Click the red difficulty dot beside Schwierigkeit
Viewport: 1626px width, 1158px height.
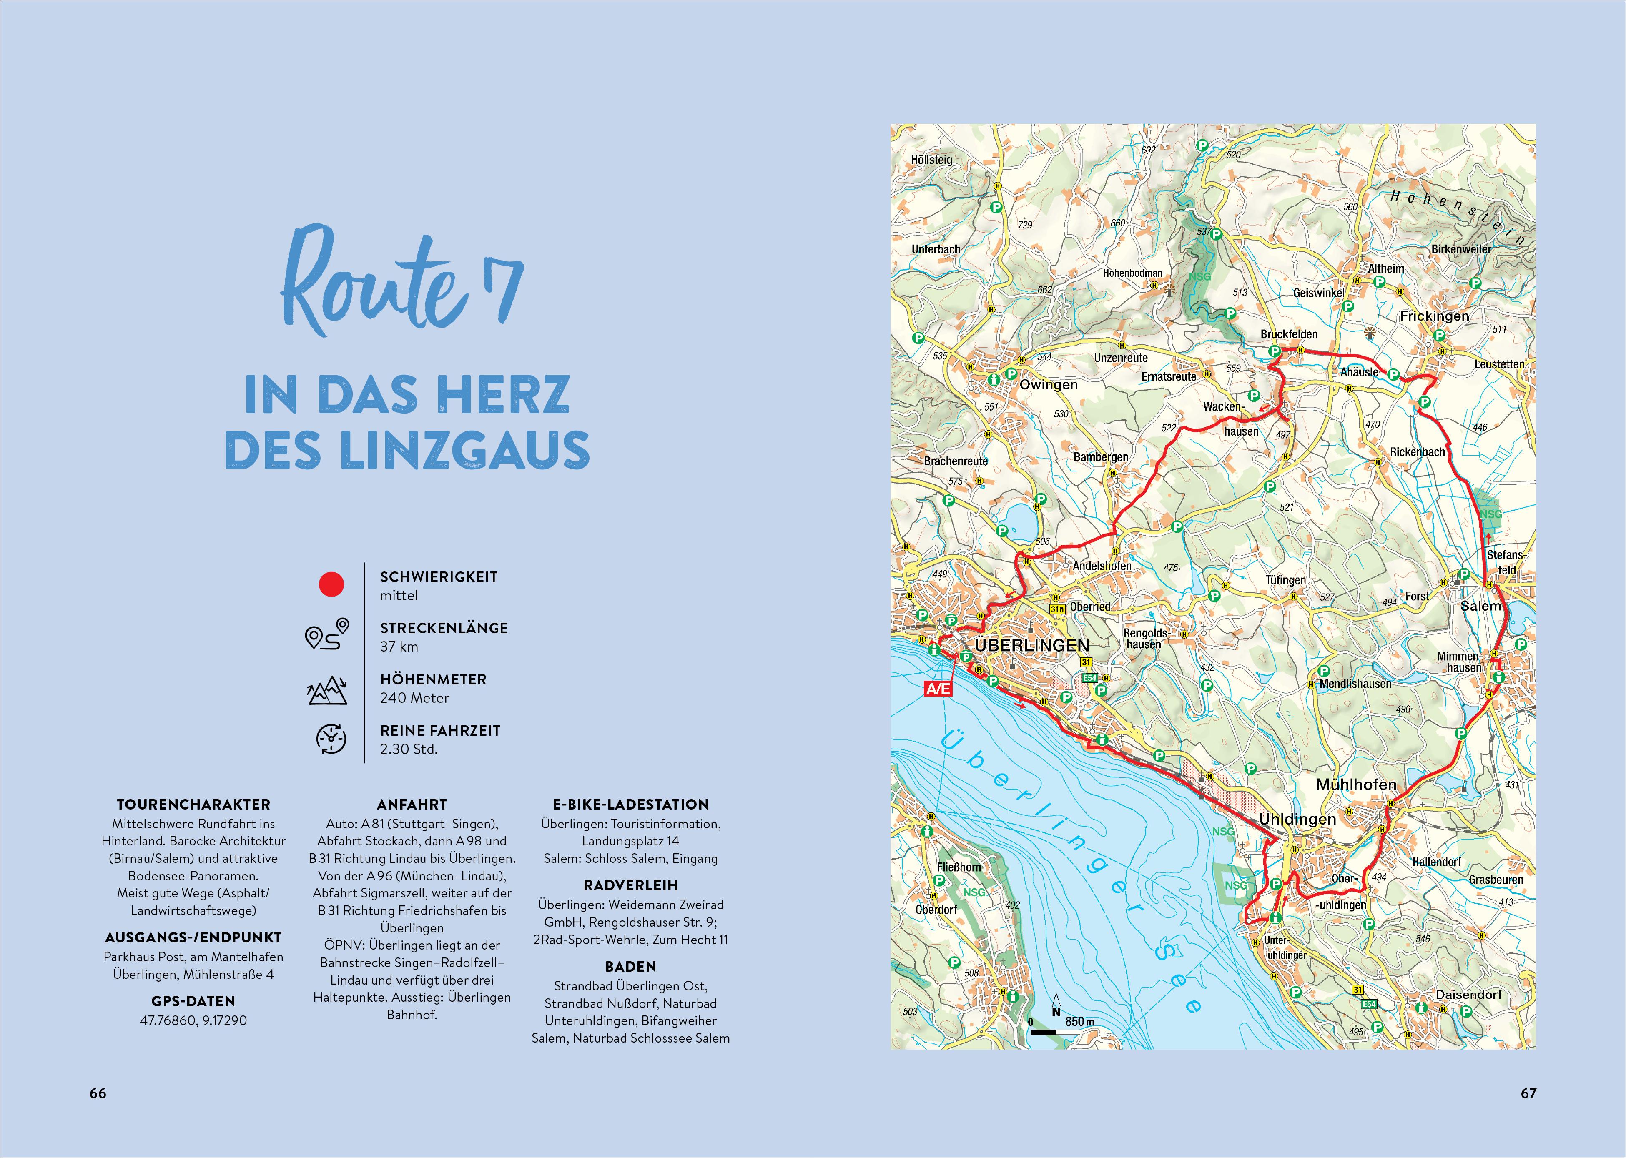331,585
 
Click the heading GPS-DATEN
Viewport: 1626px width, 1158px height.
193,1001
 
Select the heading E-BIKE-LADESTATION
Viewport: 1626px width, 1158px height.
630,805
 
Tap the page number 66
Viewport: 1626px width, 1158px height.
98,1093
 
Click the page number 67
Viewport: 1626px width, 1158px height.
1528,1093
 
